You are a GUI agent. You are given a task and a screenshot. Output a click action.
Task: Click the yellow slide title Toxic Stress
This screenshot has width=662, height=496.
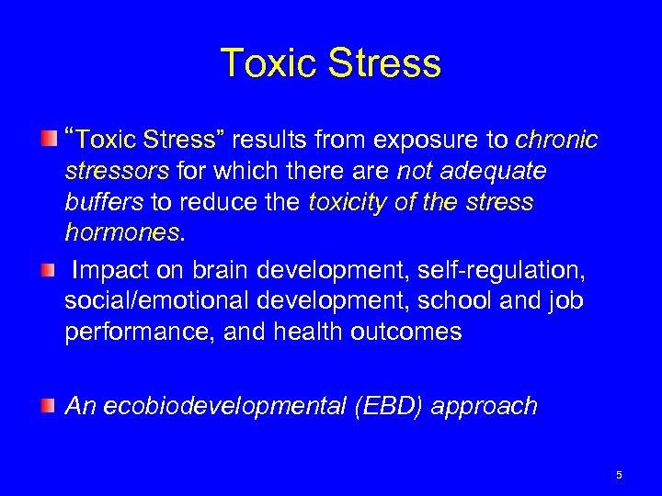[331, 64]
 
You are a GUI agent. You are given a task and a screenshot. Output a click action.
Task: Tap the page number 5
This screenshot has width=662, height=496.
[619, 475]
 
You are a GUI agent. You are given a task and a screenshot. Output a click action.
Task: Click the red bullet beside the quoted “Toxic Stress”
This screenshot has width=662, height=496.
[47, 140]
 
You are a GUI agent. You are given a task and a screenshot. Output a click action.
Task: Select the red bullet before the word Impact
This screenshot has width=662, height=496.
[47, 270]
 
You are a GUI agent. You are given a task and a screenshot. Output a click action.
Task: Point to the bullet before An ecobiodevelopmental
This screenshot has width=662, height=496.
[47, 405]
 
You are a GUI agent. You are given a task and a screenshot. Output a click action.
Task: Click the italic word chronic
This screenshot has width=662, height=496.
[556, 141]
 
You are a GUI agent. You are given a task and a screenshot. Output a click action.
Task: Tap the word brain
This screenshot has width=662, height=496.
[219, 271]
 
